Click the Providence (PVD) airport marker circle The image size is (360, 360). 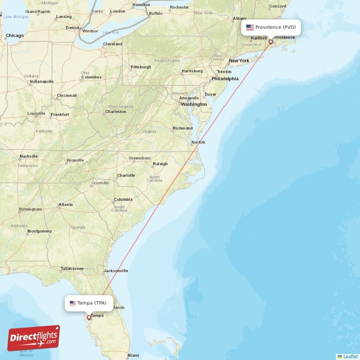pyautogui.click(x=270, y=42)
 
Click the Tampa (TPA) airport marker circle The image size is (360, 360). pyautogui.click(x=89, y=317)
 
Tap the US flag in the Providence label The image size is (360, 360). pyautogui.click(x=250, y=27)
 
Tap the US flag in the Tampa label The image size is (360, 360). pyautogui.click(x=72, y=303)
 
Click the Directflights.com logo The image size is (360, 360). pyautogui.click(x=33, y=338)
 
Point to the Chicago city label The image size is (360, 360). pyautogui.click(x=14, y=36)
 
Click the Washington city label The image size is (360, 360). pyautogui.click(x=194, y=104)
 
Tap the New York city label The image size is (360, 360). pyautogui.click(x=239, y=61)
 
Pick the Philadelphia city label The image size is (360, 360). pyautogui.click(x=225, y=78)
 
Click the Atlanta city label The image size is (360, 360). pyautogui.click(x=65, y=205)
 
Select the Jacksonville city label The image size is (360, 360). pyautogui.click(x=116, y=271)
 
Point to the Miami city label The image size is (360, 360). pyautogui.click(x=133, y=355)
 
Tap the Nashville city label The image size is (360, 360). pyautogui.click(x=28, y=157)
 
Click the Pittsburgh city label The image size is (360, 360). pyautogui.click(x=140, y=67)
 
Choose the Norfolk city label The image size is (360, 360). pyautogui.click(x=198, y=143)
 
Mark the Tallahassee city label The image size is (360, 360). pyautogui.click(x=72, y=269)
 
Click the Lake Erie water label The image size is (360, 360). pyautogui.click(x=110, y=32)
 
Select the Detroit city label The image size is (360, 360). pyautogui.click(x=72, y=27)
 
